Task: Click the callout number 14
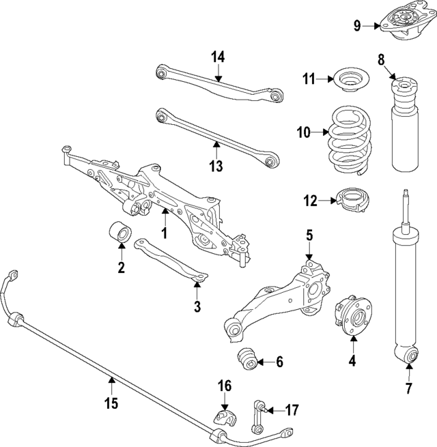(x=217, y=57)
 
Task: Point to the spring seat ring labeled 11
(x=348, y=80)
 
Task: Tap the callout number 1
(x=164, y=233)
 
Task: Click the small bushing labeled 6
(x=248, y=359)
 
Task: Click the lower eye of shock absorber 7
(x=409, y=356)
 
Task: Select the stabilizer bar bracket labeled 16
(x=223, y=418)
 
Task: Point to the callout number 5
(x=309, y=235)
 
